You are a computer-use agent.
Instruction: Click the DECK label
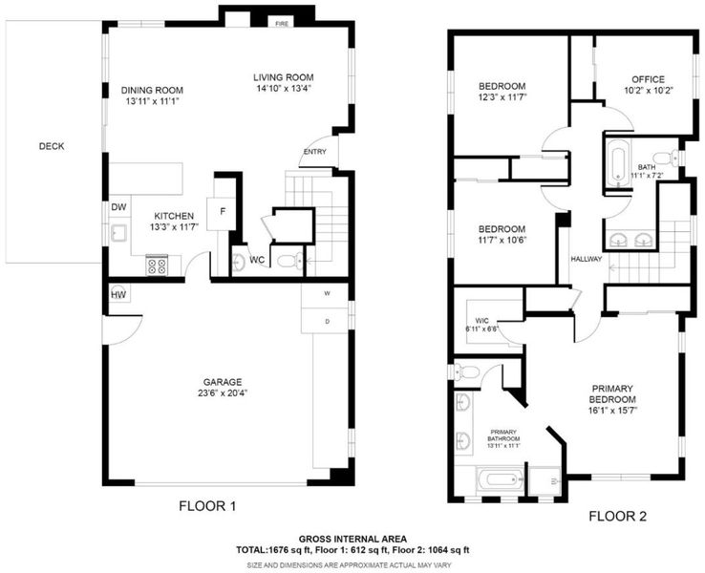coord(52,146)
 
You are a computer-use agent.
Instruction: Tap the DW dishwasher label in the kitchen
coord(118,207)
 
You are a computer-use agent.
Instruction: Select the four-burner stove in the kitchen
coord(157,265)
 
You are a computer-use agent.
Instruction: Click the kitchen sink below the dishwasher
coord(119,233)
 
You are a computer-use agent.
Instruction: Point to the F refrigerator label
coord(223,211)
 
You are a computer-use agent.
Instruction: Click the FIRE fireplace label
coord(282,24)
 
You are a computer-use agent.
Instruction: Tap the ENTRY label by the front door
coord(314,152)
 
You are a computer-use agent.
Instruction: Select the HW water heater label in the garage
coord(118,295)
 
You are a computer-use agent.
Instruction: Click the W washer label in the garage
coord(328,293)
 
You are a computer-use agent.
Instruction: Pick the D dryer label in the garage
coord(328,321)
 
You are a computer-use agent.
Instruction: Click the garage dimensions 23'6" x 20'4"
coord(223,393)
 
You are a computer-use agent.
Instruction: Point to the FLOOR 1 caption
coord(207,506)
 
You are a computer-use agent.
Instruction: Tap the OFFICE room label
coord(648,79)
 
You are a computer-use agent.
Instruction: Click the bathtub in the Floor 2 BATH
coord(619,161)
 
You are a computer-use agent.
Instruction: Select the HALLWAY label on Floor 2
coord(587,259)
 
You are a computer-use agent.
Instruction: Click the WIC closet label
coord(481,321)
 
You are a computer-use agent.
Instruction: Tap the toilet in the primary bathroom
coord(466,372)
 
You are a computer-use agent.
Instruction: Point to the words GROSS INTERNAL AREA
coord(352,539)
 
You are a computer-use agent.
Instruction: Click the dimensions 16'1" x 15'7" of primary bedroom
coord(612,410)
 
